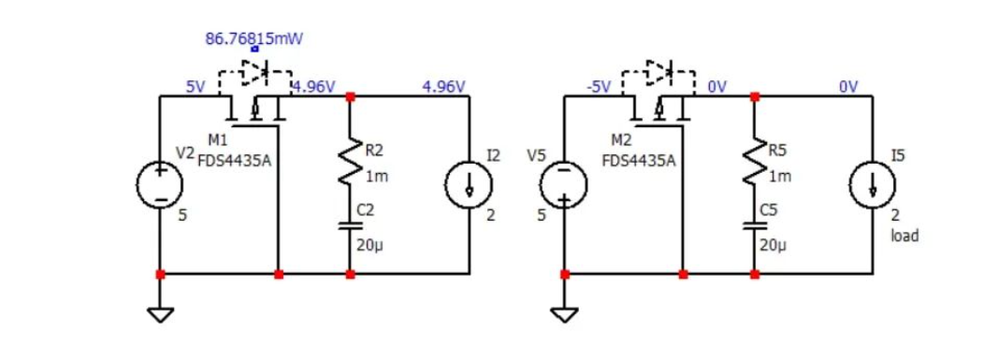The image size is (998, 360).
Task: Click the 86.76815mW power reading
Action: pos(253,39)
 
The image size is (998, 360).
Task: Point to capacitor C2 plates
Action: pos(350,224)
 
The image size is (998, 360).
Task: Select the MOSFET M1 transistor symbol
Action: pos(254,111)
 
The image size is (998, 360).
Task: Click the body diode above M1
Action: pos(254,70)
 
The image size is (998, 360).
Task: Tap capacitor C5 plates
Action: pos(754,224)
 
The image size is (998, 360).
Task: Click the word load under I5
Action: pos(904,236)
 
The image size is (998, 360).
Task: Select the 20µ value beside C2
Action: pos(369,246)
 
